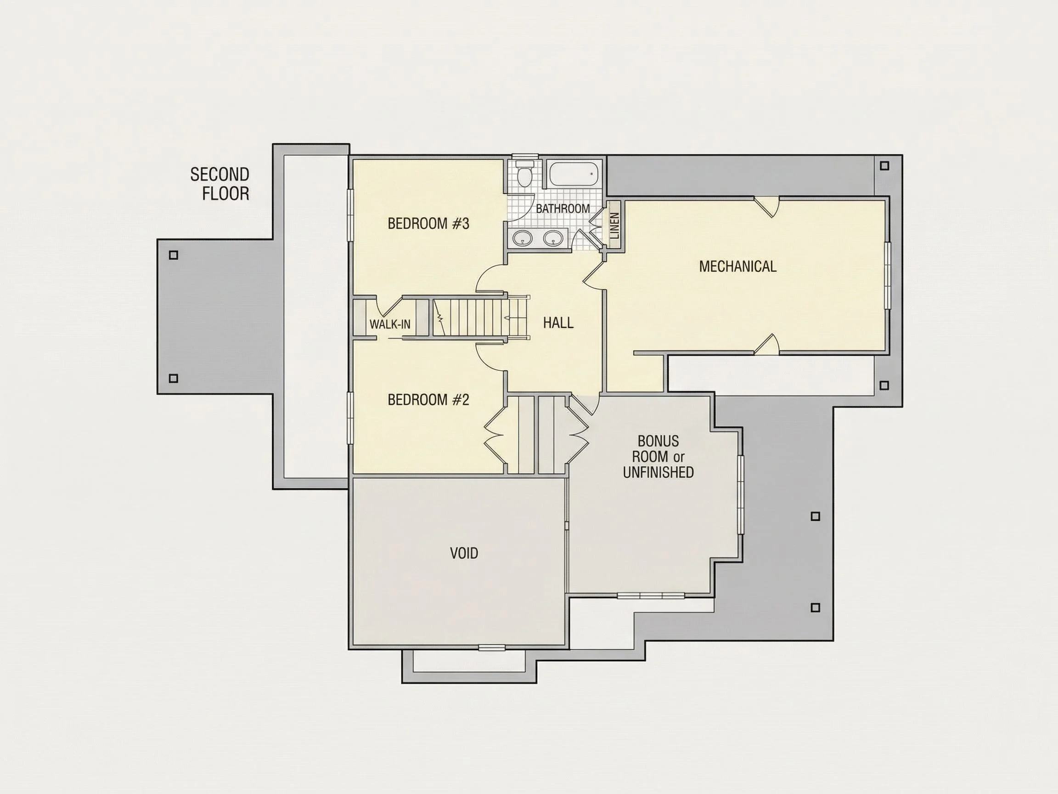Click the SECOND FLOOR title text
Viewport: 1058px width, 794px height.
click(219, 184)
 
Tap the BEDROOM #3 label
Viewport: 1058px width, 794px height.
click(428, 223)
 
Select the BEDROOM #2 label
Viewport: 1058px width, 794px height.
click(428, 400)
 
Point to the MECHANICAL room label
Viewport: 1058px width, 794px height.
click(737, 267)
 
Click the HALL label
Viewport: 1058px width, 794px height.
click(558, 323)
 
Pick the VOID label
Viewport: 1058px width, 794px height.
click(464, 553)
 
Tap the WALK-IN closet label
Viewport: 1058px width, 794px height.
click(390, 324)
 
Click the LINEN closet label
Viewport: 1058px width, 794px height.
click(615, 226)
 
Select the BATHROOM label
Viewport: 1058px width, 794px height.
click(563, 209)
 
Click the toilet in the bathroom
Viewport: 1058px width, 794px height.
click(525, 174)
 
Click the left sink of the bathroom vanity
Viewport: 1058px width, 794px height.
click(522, 238)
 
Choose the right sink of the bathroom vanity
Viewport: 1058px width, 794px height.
click(554, 238)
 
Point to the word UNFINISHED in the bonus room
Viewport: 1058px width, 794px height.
click(658, 472)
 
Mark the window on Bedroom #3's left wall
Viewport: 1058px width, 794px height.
click(349, 216)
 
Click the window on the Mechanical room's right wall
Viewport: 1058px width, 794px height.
click(888, 276)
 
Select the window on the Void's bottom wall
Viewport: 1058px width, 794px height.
click(492, 647)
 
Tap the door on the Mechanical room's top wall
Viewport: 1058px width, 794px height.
click(767, 207)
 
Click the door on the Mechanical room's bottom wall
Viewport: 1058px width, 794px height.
click(767, 344)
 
